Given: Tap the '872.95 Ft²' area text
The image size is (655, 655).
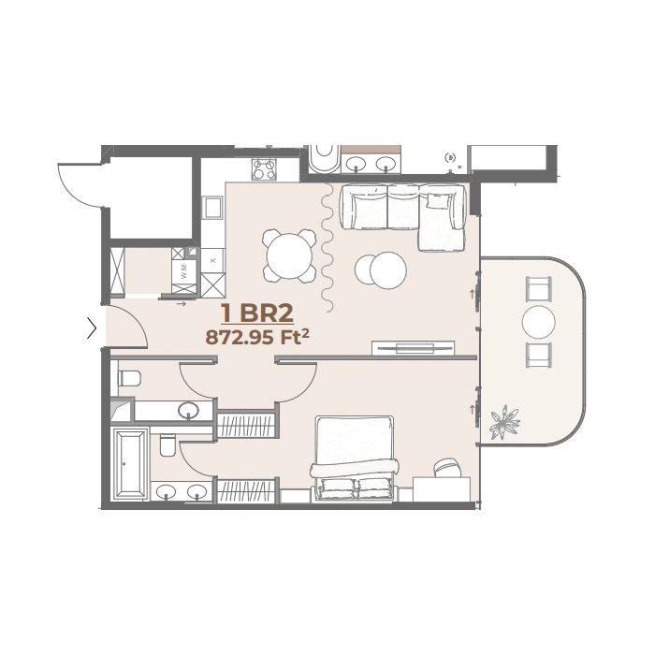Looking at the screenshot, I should pyautogui.click(x=254, y=338).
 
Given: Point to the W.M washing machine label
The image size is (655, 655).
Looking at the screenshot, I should pyautogui.click(x=184, y=274).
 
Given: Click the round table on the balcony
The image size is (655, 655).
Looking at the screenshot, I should pyautogui.click(x=539, y=322).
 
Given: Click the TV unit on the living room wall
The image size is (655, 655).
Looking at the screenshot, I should pyautogui.click(x=414, y=348).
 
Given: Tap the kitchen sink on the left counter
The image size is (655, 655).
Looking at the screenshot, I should pyautogui.click(x=212, y=207).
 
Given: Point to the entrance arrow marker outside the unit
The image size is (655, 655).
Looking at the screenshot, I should pyautogui.click(x=92, y=328).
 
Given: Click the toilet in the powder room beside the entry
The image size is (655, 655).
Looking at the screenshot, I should pyautogui.click(x=129, y=378).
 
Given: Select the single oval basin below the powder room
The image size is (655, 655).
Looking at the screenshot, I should pyautogui.click(x=189, y=410).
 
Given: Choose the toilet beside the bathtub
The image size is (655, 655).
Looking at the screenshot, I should pyautogui.click(x=167, y=446).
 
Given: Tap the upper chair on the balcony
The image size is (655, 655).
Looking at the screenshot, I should pyautogui.click(x=539, y=289).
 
